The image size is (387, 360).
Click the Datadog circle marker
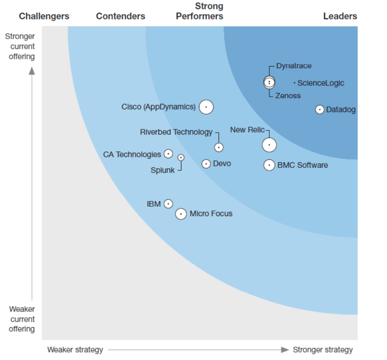tap(320, 110)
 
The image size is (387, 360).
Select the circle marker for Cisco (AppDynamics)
tap(206, 107)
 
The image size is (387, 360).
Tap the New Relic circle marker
tap(269, 145)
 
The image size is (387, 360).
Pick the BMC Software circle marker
tap(269, 165)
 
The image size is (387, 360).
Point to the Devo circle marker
tap(206, 164)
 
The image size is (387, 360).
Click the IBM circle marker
tap(168, 204)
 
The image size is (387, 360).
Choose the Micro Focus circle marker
tap(181, 214)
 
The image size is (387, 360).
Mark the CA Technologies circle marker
tap(168, 154)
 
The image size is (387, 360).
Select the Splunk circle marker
tap(181, 157)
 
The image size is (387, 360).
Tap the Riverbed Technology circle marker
tap(219, 147)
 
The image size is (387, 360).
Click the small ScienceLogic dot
tap(295, 83)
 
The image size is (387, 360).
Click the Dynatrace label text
tap(294, 66)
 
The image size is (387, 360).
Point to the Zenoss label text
tap(288, 96)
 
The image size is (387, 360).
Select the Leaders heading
tap(340, 16)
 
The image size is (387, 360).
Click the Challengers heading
tap(44, 16)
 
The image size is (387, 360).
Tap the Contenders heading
tap(120, 16)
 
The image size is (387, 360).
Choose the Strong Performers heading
tap(199, 11)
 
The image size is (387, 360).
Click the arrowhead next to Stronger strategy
tap(285, 350)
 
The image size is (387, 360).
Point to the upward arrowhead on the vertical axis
tap(32, 71)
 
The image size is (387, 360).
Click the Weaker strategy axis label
tap(75, 350)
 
